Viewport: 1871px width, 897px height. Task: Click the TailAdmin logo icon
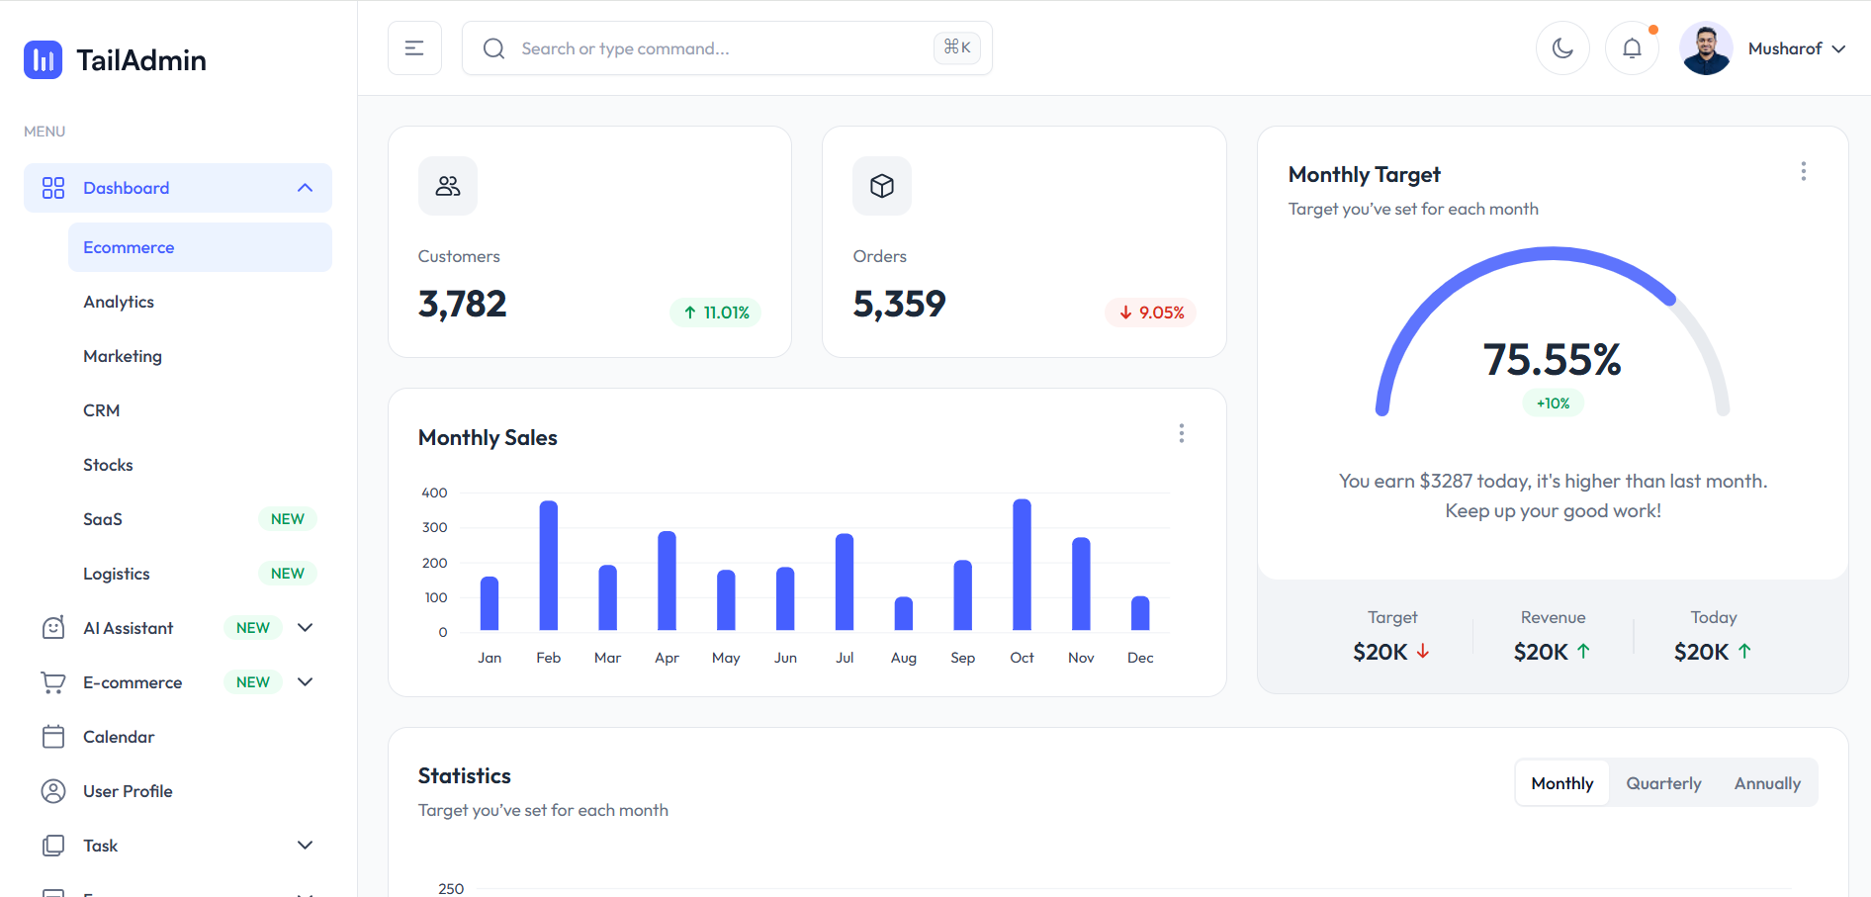tap(43, 60)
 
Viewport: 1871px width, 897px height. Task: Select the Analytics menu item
tap(119, 302)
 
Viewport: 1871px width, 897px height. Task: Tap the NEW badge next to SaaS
tap(287, 519)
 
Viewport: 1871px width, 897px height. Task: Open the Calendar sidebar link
tap(119, 737)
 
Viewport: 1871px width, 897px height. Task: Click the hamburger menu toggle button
tap(414, 48)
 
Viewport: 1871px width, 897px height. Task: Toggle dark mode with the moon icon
tap(1562, 48)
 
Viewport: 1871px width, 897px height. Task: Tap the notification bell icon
tap(1632, 48)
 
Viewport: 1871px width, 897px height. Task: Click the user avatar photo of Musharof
tap(1706, 48)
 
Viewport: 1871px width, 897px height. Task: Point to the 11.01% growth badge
tap(716, 313)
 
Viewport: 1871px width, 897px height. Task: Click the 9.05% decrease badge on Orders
tap(1151, 313)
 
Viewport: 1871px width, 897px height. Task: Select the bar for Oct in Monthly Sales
tap(1022, 565)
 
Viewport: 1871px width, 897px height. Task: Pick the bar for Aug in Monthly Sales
tap(903, 614)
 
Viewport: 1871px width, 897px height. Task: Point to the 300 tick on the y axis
tap(435, 527)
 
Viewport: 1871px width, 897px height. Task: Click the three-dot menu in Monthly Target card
tap(1803, 171)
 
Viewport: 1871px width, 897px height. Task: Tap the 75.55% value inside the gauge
tap(1552, 360)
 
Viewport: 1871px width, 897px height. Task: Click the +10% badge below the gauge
tap(1553, 404)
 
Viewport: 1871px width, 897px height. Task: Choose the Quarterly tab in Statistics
tap(1663, 783)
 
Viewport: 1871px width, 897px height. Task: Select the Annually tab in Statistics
tap(1767, 783)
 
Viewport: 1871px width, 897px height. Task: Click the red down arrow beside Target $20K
tap(1423, 652)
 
